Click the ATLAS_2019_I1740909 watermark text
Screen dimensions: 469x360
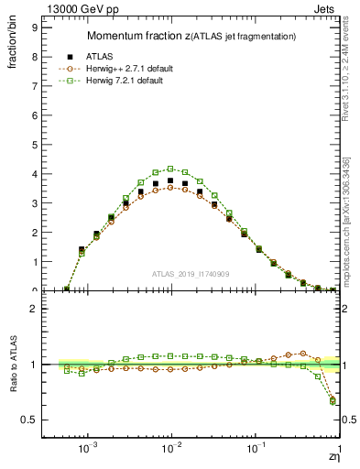coord(191,275)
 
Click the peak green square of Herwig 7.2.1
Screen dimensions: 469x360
coord(170,169)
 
